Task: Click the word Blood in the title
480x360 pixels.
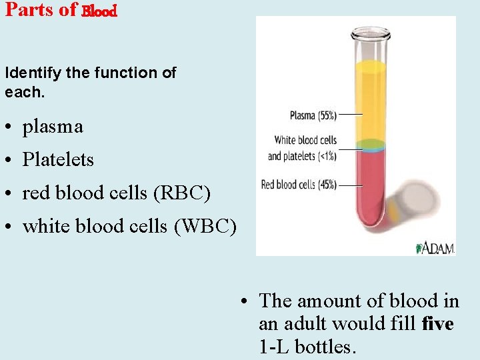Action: click(100, 11)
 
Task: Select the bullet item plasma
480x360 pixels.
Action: click(53, 127)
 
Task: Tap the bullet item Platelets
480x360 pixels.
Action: click(58, 160)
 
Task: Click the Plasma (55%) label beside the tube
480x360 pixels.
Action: click(313, 115)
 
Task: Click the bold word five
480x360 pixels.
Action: click(438, 324)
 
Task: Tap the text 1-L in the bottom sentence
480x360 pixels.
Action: click(273, 347)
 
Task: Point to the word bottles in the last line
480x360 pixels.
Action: click(325, 347)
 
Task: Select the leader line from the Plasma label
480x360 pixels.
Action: click(351, 115)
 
